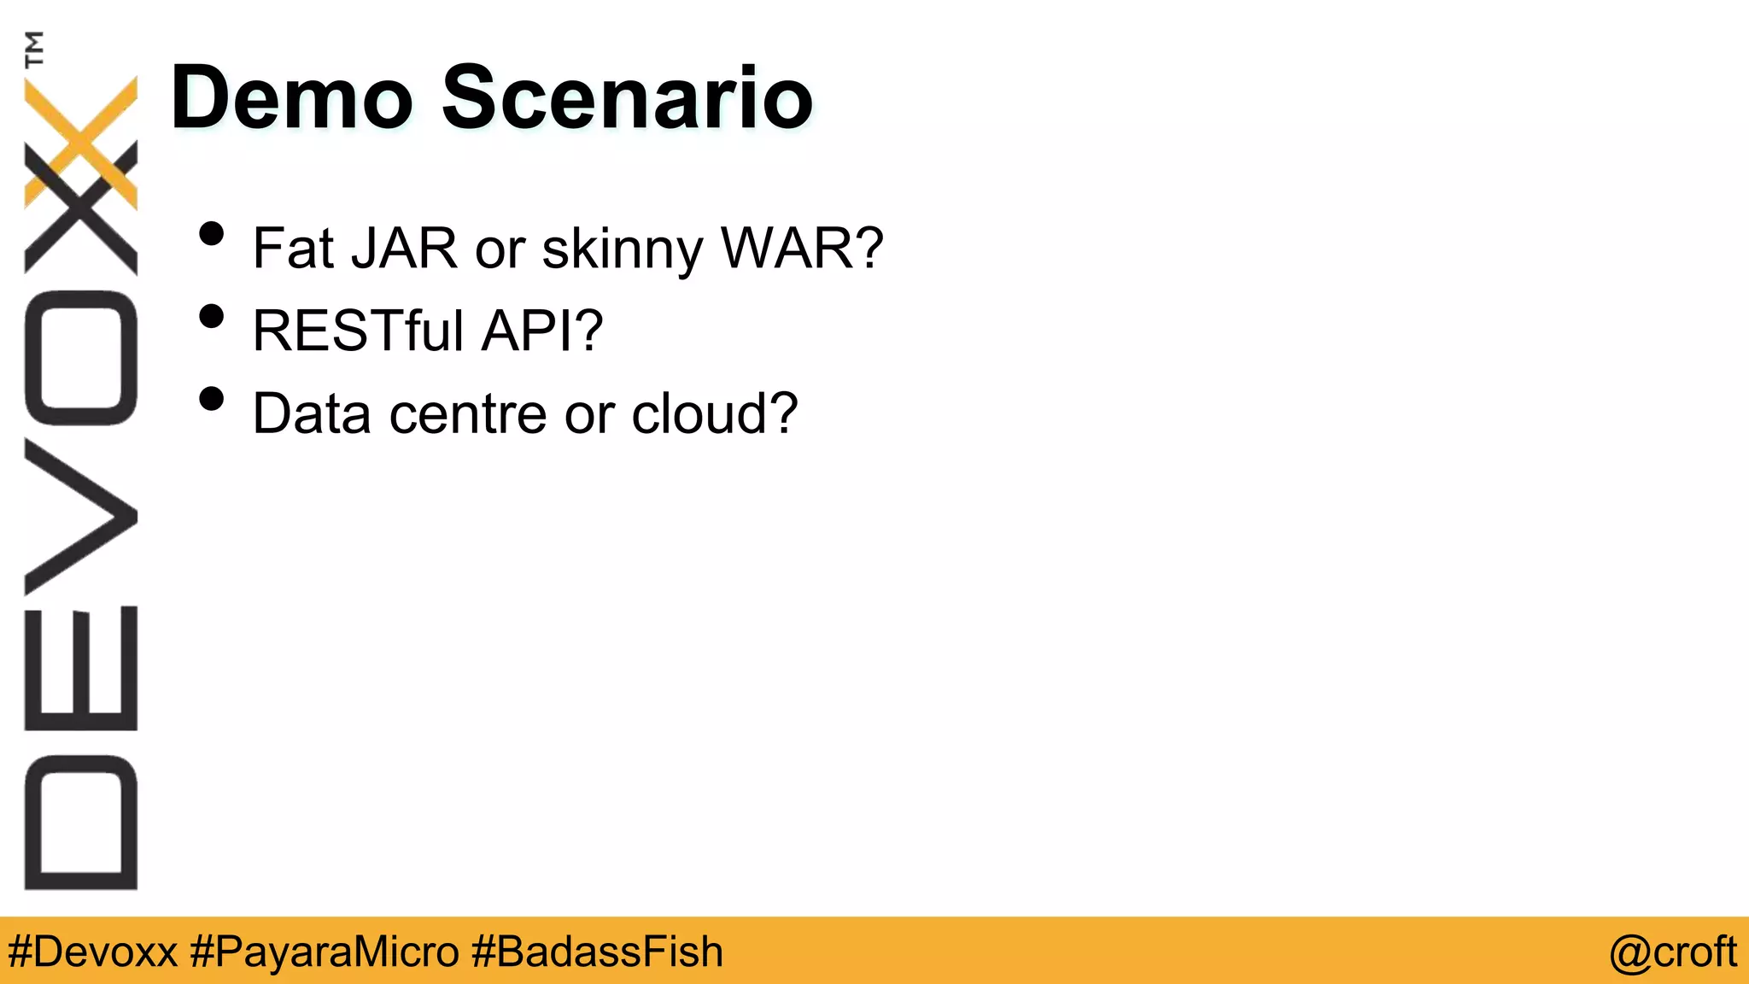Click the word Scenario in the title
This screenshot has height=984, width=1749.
click(627, 98)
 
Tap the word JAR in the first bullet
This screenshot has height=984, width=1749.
click(404, 249)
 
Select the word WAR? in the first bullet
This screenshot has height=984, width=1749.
click(802, 249)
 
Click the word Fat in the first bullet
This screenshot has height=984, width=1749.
click(293, 249)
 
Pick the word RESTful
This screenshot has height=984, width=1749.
click(358, 331)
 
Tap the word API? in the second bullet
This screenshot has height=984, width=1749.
click(542, 331)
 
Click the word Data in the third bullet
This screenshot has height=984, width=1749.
click(312, 413)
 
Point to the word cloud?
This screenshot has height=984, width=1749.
click(714, 413)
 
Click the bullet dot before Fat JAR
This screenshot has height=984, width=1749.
click(211, 234)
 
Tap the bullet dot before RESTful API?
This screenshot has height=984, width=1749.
click(211, 317)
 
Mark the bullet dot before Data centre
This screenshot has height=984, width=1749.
click(211, 399)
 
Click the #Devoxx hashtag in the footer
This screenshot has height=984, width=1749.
click(92, 952)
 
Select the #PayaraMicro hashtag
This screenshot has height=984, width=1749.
click(325, 952)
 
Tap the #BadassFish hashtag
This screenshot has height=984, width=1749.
click(597, 952)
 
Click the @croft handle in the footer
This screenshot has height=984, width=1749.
click(1672, 952)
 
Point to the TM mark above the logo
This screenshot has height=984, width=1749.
click(34, 49)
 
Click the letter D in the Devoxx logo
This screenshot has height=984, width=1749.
click(81, 822)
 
